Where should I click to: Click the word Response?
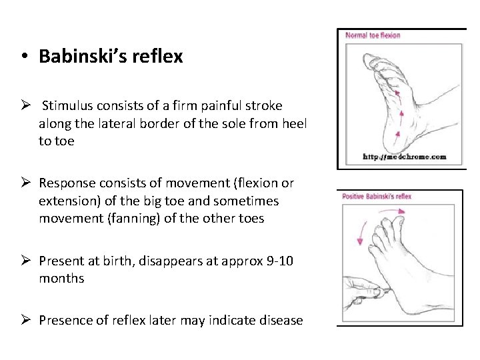[x=68, y=183]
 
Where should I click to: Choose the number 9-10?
[x=279, y=261]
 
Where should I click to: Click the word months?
[x=61, y=278]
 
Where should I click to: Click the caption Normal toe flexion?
[x=373, y=35]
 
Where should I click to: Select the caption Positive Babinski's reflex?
[x=377, y=196]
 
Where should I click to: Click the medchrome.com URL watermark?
[x=404, y=157]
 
